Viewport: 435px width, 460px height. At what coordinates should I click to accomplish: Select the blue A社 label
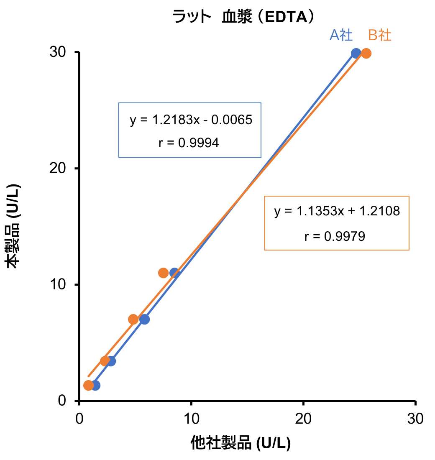(341, 35)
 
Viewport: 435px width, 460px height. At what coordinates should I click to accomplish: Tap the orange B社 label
(380, 35)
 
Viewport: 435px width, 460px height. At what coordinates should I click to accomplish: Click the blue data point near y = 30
(356, 53)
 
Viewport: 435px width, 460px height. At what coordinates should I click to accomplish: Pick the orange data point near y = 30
(366, 53)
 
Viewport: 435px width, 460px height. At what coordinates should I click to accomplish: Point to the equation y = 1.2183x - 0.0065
(191, 120)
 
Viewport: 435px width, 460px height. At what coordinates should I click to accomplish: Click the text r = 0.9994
(189, 143)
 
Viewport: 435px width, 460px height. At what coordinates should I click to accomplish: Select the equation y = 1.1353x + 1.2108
(337, 211)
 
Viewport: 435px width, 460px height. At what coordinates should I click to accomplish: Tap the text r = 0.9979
(335, 236)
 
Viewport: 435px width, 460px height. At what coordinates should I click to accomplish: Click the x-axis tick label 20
(303, 419)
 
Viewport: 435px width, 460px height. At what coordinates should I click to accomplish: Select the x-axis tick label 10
(191, 419)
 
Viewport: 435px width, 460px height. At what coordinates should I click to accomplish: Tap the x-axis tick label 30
(415, 419)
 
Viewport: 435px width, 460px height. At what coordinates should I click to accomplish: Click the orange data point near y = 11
(164, 273)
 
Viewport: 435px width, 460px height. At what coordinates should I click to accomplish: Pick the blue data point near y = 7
(144, 319)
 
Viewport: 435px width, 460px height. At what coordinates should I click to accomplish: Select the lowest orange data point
(88, 385)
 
